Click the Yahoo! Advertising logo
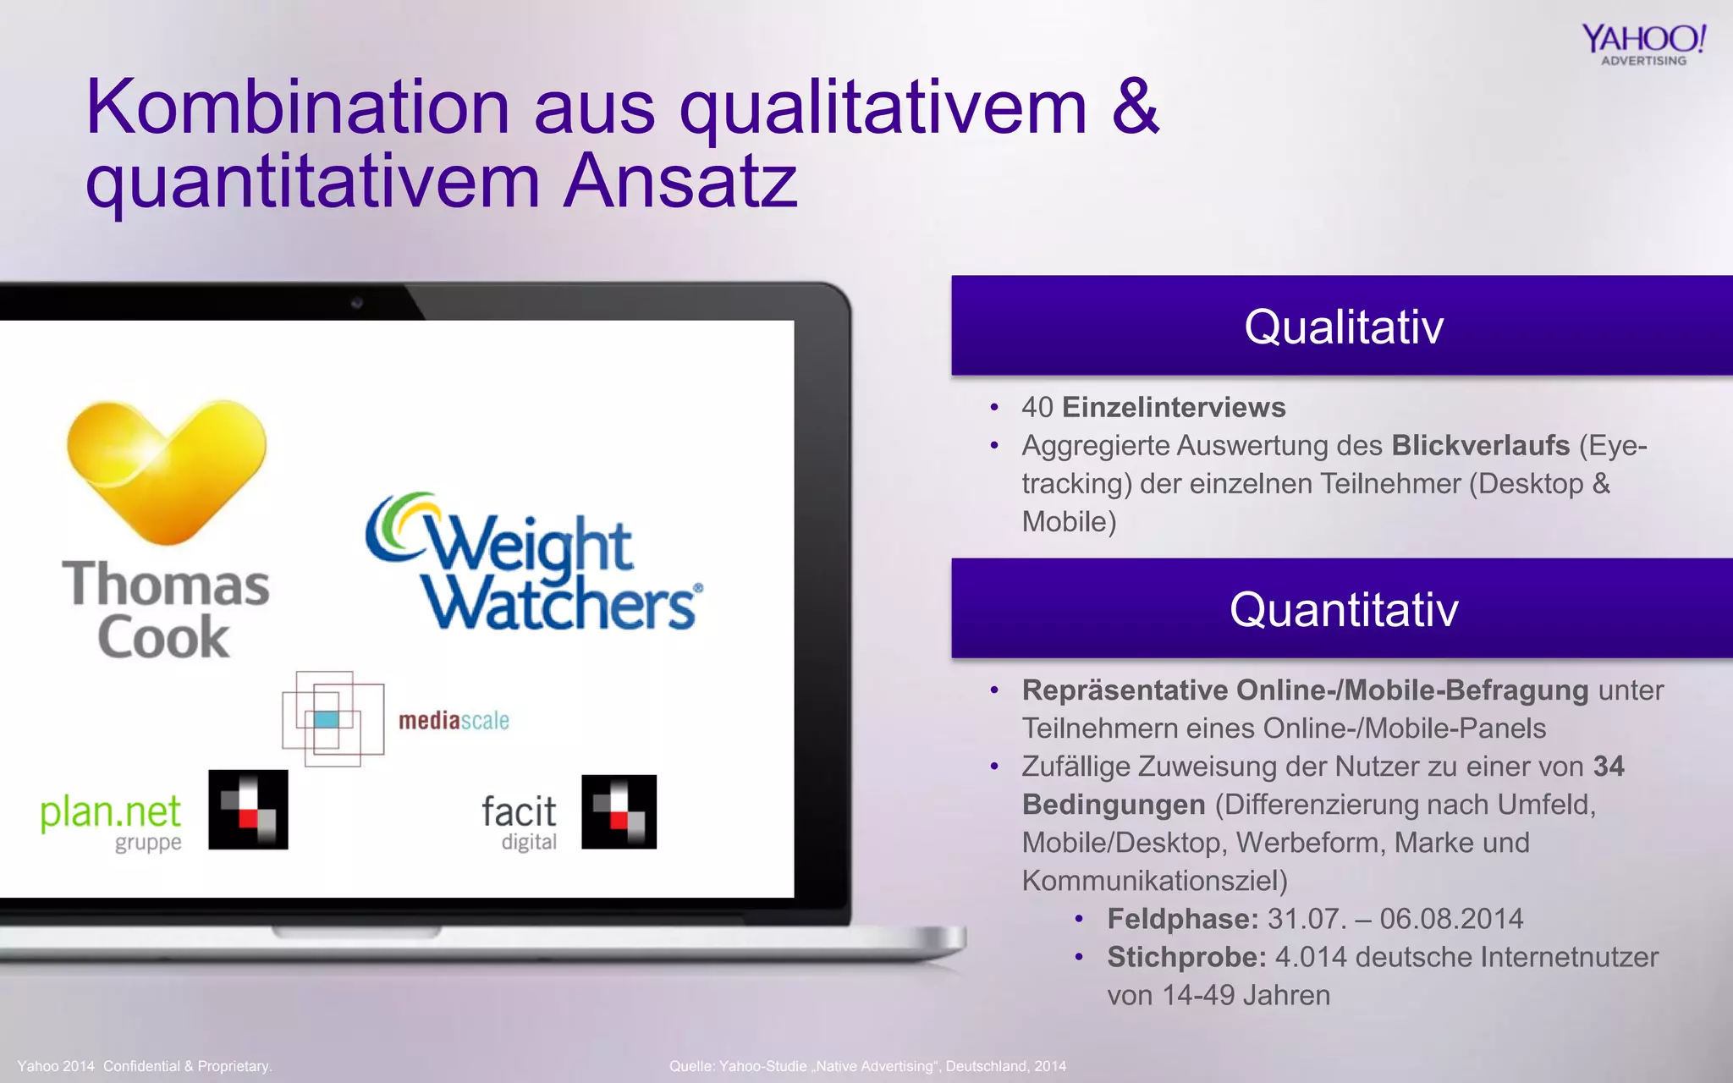(x=1643, y=44)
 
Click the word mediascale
(x=454, y=721)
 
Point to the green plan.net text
(x=110, y=812)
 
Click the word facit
(x=519, y=812)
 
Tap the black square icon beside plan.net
(x=248, y=809)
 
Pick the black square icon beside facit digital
(x=619, y=811)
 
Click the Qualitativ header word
(x=1343, y=327)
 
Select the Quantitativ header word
(x=1343, y=610)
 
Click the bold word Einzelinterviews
(x=1174, y=408)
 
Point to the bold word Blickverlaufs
(x=1480, y=445)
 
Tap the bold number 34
(x=1609, y=767)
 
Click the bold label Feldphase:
(x=1182, y=919)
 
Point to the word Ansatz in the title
(x=680, y=181)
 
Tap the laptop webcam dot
(x=357, y=302)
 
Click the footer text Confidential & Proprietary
(x=187, y=1066)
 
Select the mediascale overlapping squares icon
(x=333, y=719)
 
